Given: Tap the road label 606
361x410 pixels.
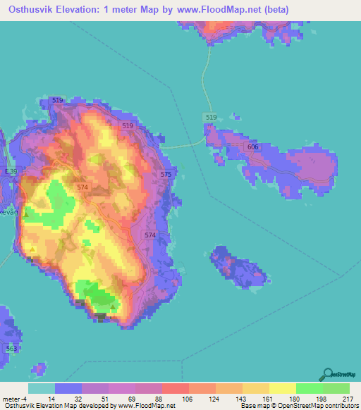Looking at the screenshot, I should [x=253, y=146].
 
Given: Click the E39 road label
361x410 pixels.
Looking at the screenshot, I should [x=10, y=172].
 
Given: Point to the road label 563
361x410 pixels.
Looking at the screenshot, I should [x=11, y=348].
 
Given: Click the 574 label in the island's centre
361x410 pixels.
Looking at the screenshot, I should [x=83, y=187].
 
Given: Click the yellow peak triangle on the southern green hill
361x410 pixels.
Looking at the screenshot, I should [x=114, y=306].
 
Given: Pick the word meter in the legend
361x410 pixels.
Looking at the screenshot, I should [x=13, y=398].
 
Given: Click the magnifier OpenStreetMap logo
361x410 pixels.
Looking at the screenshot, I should [x=328, y=375].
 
